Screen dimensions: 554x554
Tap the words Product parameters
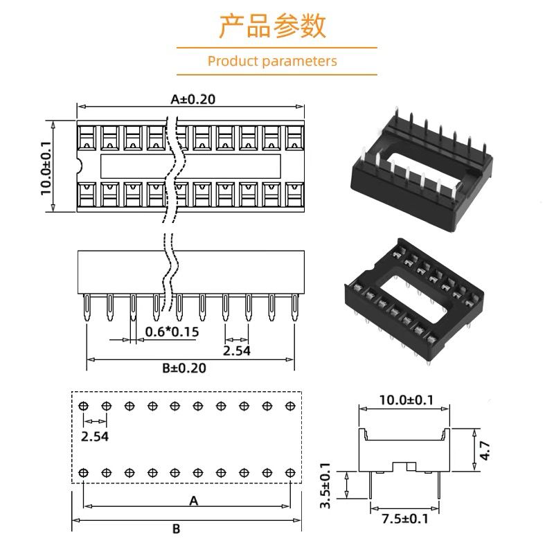pyautogui.click(x=272, y=61)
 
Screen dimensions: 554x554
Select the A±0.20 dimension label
pyautogui.click(x=193, y=99)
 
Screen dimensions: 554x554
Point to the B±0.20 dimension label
pyautogui.click(x=184, y=368)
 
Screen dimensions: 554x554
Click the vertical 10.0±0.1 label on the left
pyautogui.click(x=46, y=167)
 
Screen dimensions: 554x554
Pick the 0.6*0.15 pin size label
pyautogui.click(x=172, y=332)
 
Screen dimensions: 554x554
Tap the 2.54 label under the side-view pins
pyautogui.click(x=236, y=350)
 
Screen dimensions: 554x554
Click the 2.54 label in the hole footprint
pyautogui.click(x=95, y=437)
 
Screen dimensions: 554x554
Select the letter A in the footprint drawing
pyautogui.click(x=194, y=501)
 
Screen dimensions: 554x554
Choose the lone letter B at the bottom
pyautogui.click(x=177, y=529)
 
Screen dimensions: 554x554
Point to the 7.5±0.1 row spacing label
pyautogui.click(x=405, y=519)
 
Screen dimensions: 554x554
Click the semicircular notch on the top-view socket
pyautogui.click(x=79, y=166)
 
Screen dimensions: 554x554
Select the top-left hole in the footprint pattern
pyautogui.click(x=84, y=406)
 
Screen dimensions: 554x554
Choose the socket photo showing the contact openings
pyautogui.click(x=412, y=296)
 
